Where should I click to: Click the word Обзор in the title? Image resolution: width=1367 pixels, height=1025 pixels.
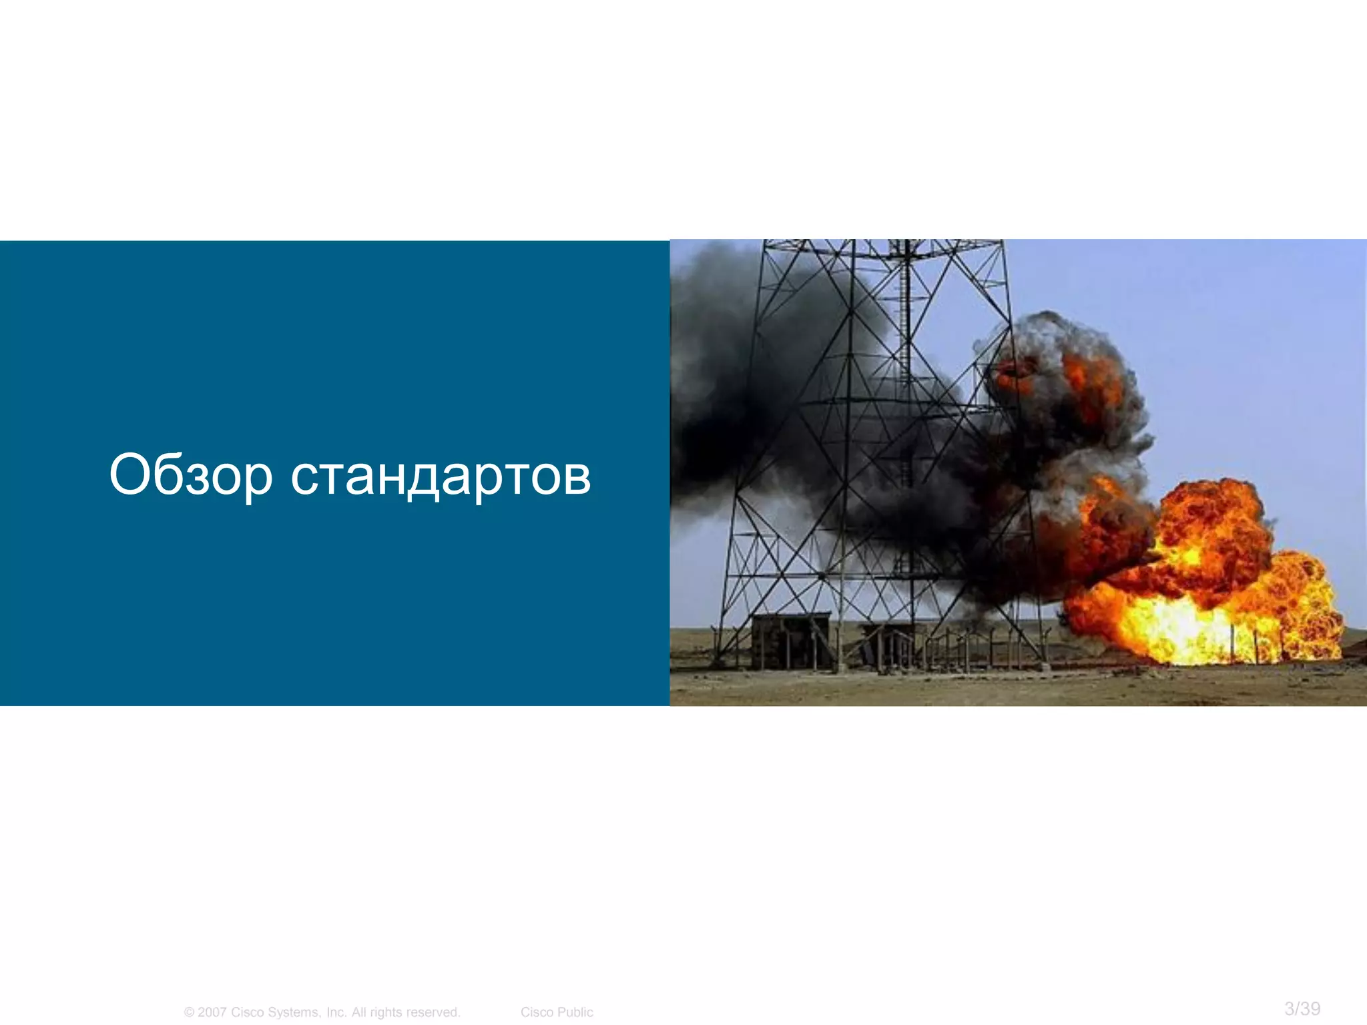click(191, 475)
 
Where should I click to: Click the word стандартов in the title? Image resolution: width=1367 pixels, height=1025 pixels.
click(441, 475)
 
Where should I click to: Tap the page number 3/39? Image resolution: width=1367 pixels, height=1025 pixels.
click(1302, 1008)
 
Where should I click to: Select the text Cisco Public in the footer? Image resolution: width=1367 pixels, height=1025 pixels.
click(557, 1012)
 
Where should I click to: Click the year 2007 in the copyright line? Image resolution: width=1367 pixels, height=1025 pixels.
click(212, 1012)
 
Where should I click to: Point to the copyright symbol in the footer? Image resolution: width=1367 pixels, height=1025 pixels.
click(189, 1012)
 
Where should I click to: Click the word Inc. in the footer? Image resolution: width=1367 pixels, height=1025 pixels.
click(336, 1012)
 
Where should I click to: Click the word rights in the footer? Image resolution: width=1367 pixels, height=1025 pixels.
click(384, 1012)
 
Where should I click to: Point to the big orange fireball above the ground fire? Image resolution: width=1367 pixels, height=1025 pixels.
click(1208, 527)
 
